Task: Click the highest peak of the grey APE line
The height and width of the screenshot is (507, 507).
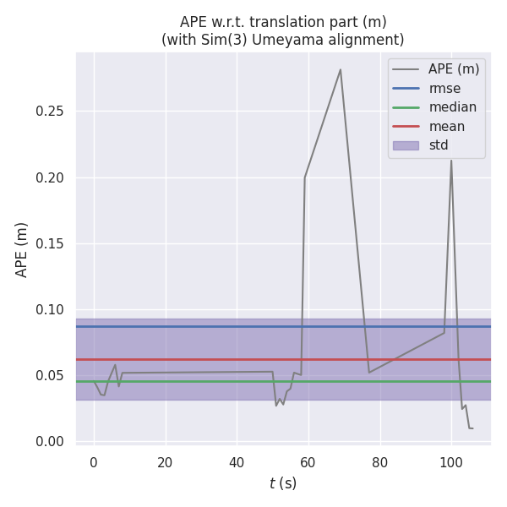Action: point(341,69)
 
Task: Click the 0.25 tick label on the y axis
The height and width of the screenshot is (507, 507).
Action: point(51,112)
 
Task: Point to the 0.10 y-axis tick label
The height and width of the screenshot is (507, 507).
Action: point(51,310)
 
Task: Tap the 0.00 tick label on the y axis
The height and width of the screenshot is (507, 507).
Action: point(51,442)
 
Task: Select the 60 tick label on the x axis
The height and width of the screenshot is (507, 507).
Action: point(308,462)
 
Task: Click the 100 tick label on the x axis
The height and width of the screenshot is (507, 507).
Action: point(451,462)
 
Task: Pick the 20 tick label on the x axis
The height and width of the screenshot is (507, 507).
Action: point(166,462)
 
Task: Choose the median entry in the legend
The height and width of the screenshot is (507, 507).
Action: point(452,107)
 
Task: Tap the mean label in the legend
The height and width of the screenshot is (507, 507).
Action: point(446,127)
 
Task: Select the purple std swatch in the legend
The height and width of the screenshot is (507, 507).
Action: point(406,145)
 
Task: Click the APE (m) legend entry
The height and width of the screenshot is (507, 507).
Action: point(454,69)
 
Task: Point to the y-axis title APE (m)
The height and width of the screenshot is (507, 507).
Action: point(22,249)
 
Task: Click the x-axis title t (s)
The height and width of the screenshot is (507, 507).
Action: point(283,483)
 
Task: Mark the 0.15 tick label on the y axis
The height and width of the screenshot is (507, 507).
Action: point(51,244)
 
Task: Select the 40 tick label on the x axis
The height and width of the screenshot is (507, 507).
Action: point(237,462)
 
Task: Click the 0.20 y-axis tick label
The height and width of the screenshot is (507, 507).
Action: point(51,178)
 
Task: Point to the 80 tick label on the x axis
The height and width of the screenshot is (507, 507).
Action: point(380,462)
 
